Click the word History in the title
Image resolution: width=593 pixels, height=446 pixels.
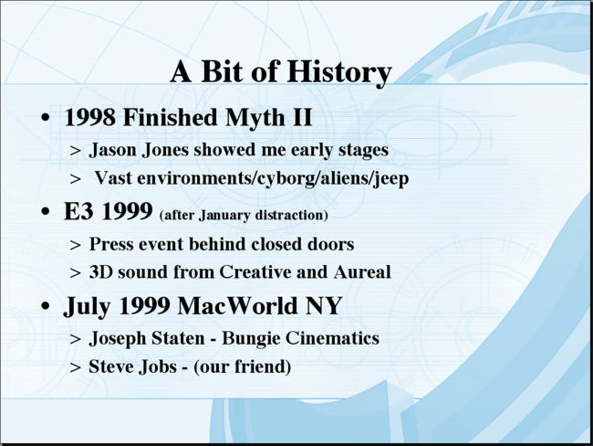tap(338, 72)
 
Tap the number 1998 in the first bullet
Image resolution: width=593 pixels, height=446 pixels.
tap(90, 117)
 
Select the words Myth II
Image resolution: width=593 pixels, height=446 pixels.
tap(268, 118)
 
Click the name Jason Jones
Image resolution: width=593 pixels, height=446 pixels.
tap(139, 150)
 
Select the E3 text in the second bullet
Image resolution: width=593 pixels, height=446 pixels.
tap(78, 211)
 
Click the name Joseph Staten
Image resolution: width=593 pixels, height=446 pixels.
tap(147, 339)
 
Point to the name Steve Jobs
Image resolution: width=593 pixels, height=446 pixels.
tap(133, 366)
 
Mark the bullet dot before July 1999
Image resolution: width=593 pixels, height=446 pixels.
tap(46, 305)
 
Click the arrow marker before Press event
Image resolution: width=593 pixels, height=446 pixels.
tap(75, 245)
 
